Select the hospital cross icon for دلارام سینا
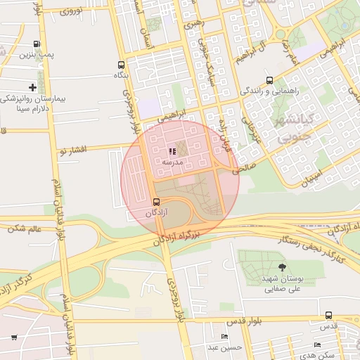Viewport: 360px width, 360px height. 33,87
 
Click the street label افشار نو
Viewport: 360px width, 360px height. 73,150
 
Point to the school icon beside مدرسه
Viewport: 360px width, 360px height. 172,151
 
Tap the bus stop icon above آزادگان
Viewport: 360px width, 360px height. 155,202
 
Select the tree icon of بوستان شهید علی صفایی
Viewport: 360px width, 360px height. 282,266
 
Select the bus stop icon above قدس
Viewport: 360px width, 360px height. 328,314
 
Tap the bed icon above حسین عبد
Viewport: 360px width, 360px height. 224,337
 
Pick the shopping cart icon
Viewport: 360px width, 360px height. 14,337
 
